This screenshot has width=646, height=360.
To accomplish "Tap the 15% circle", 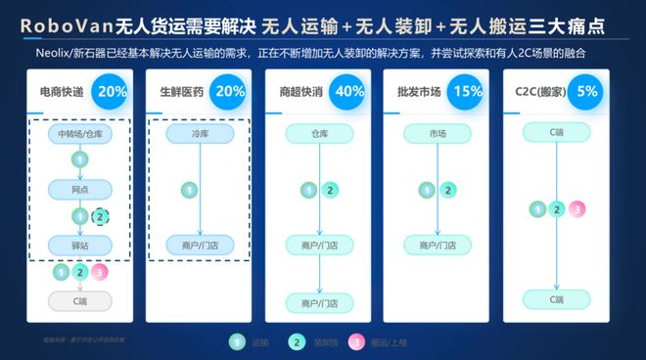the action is [468, 92].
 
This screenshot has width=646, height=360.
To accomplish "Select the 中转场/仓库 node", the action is [80, 133].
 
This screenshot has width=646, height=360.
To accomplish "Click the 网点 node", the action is [80, 189].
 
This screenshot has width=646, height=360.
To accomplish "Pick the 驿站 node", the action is [80, 243].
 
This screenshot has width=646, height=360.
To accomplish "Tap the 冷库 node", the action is [190, 133].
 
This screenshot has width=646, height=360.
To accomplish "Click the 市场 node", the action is [436, 133].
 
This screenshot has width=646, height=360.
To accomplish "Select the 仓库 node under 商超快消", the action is [319, 133].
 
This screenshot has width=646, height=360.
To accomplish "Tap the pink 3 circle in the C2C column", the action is [578, 208].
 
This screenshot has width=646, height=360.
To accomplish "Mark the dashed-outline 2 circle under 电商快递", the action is [100, 217].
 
